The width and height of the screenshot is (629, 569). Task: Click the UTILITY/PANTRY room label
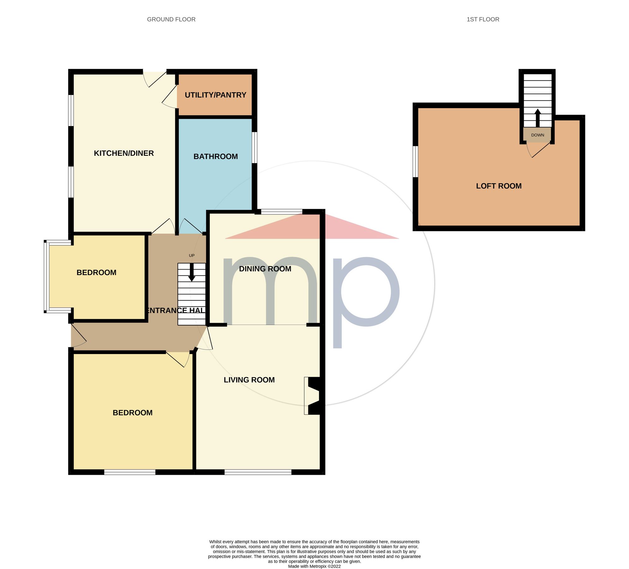point(215,95)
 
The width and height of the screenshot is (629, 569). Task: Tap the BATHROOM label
point(215,156)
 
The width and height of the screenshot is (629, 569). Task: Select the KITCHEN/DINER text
point(124,153)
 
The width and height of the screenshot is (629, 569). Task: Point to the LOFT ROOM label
point(499,186)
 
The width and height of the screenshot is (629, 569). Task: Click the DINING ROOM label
point(265,269)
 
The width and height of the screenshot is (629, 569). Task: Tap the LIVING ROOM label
point(249,380)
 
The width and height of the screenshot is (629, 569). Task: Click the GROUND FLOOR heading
point(171,19)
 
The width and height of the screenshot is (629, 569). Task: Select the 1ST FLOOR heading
point(482,19)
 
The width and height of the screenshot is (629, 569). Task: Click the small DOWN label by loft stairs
point(537,135)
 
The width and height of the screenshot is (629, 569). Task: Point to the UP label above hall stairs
point(191,255)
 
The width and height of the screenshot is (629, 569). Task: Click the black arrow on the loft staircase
point(537,118)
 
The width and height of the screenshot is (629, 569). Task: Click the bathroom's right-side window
point(254,148)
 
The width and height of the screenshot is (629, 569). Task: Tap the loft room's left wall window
point(416,161)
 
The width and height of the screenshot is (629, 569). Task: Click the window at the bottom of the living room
point(258,472)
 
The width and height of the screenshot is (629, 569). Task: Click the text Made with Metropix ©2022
point(314,566)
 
